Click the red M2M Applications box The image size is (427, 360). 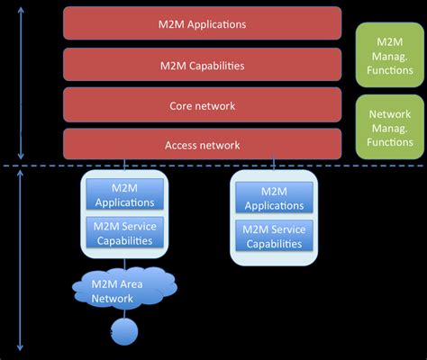click(x=202, y=23)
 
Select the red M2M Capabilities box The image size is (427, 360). click(x=202, y=65)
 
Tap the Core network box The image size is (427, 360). click(x=202, y=105)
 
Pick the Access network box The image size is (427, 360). click(x=202, y=144)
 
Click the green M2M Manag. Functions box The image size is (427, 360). click(x=390, y=55)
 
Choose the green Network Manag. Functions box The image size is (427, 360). click(x=390, y=127)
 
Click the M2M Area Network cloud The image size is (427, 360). click(x=124, y=287)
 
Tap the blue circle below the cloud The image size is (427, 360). click(x=124, y=332)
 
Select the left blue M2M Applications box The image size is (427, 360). click(x=124, y=194)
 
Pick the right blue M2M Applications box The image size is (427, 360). click(x=274, y=198)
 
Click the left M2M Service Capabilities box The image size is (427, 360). click(x=124, y=232)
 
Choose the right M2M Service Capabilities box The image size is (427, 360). click(x=274, y=236)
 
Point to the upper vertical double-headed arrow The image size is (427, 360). click(x=21, y=83)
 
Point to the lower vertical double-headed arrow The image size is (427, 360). click(x=20, y=260)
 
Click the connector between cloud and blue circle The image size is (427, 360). click(x=124, y=314)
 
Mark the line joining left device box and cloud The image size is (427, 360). click(x=124, y=263)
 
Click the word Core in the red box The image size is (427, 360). click(x=180, y=106)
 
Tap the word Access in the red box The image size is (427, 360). click(x=181, y=146)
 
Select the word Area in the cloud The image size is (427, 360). click(x=131, y=284)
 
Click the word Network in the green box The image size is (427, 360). click(x=390, y=114)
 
